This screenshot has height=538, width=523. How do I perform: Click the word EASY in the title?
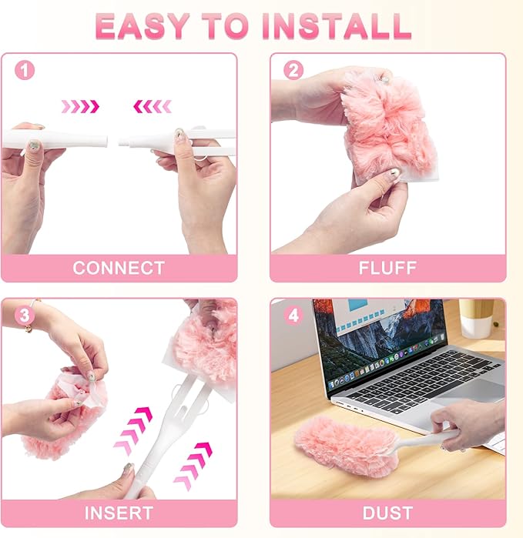[x=142, y=26]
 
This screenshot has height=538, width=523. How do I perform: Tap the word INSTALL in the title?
[x=336, y=26]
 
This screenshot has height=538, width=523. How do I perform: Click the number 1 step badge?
[x=25, y=70]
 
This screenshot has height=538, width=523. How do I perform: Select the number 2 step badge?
[x=293, y=70]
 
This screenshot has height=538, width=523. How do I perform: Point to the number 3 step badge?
[x=25, y=316]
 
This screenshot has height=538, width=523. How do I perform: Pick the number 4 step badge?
[x=293, y=316]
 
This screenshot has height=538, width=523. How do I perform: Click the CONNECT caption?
[x=119, y=268]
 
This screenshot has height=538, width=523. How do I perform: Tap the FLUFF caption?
[x=387, y=268]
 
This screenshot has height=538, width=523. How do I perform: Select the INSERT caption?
[x=119, y=513]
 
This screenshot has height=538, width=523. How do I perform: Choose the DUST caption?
[x=387, y=513]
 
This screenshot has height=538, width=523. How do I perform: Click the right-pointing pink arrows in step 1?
[x=80, y=107]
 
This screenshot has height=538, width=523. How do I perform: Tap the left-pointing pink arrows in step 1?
[x=153, y=107]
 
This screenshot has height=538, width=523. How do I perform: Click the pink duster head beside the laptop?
[x=346, y=443]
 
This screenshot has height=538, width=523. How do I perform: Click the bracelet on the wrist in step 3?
[x=32, y=317]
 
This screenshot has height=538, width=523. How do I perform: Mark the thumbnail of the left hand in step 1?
[x=35, y=145]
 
